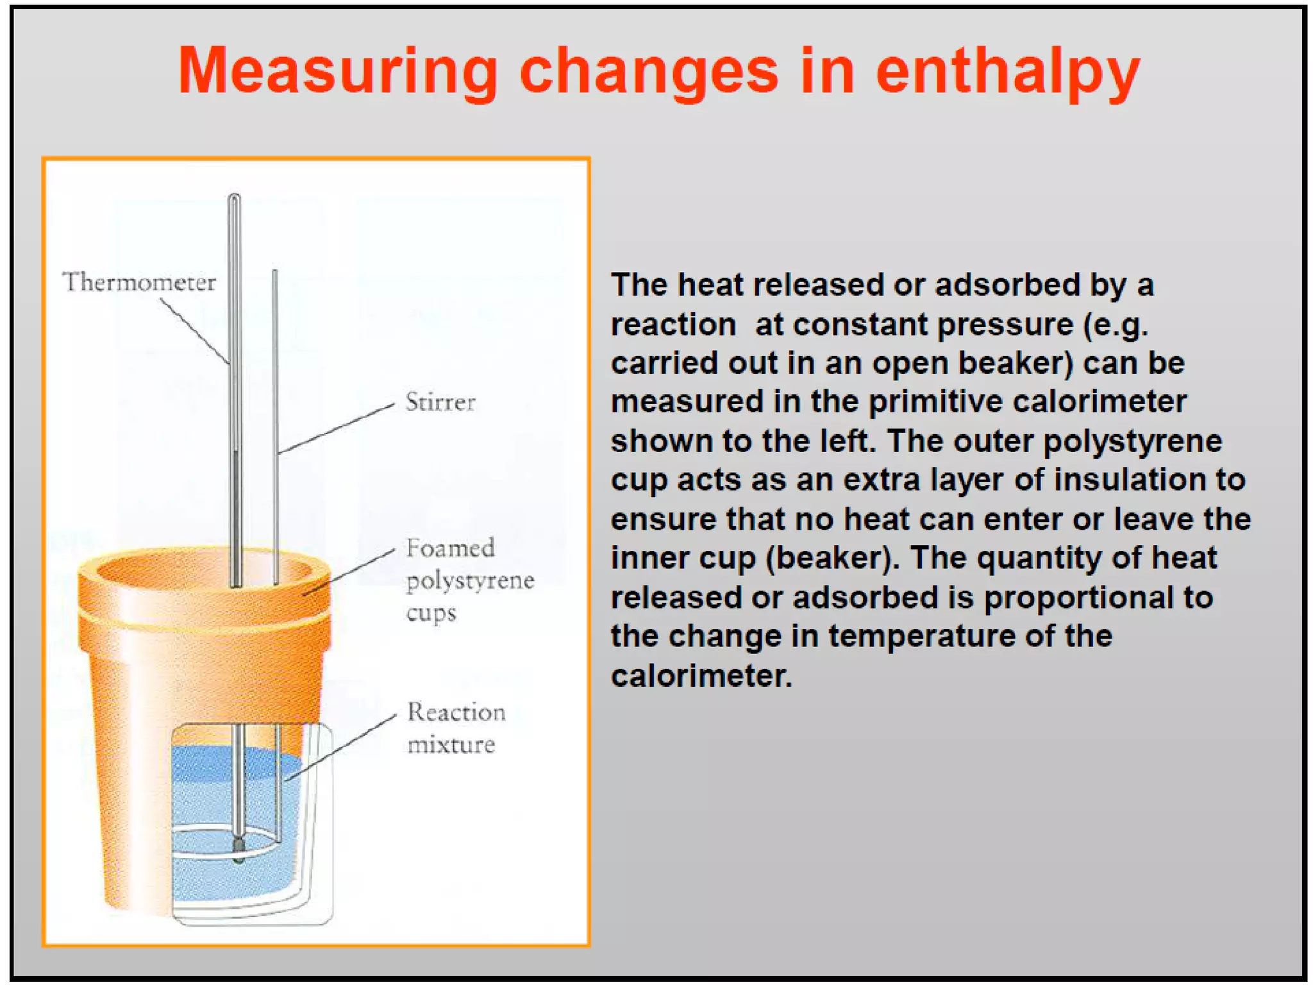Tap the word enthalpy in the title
1007,72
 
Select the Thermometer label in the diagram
139,282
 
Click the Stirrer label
440,403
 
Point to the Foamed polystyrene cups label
469,580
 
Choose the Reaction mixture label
456,728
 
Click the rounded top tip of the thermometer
234,197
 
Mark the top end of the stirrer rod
275,273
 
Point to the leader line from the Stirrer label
336,428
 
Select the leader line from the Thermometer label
195,331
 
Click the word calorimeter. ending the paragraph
701,675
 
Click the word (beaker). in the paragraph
833,558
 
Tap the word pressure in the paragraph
1005,324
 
